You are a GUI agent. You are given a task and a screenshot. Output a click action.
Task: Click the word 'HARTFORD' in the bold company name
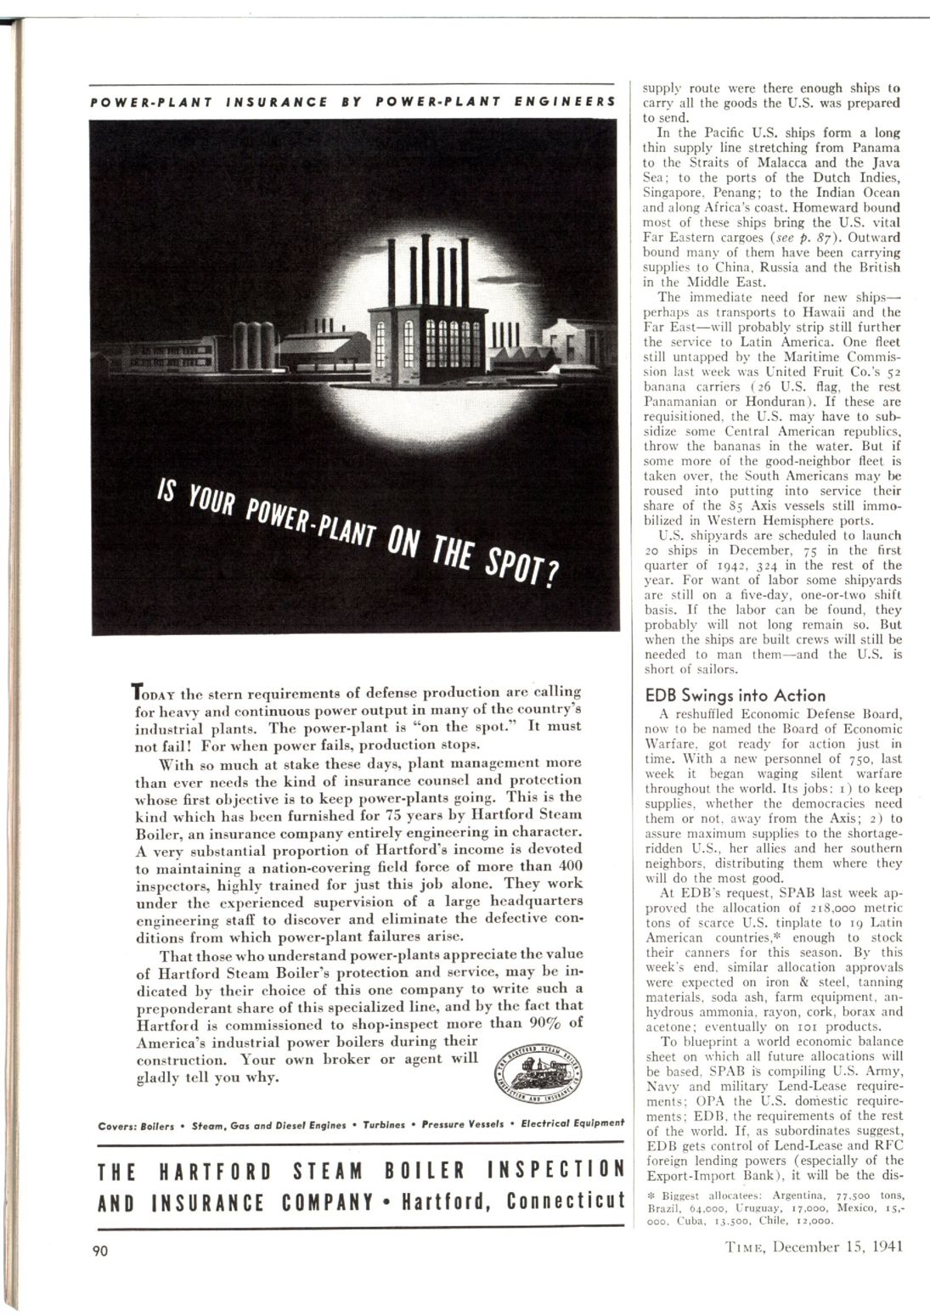click(216, 1172)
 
